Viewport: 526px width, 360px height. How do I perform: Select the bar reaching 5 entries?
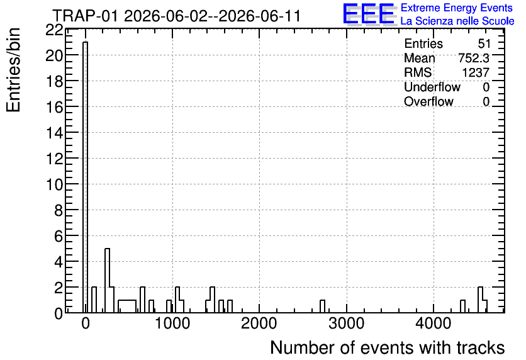108,281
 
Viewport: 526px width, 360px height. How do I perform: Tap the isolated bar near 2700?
322,307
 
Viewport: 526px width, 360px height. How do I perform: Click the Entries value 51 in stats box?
484,43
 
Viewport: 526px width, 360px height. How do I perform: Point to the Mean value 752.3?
474,58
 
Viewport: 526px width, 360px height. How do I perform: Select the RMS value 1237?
476,72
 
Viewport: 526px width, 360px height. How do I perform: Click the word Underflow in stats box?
432,87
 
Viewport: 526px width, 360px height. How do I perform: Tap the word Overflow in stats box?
428,102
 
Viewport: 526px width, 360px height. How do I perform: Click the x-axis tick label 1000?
172,323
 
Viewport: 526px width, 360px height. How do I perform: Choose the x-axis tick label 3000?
347,323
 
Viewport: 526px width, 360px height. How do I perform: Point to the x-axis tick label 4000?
434,323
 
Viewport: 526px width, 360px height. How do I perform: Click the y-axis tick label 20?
54,55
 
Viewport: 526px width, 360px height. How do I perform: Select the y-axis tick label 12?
54,159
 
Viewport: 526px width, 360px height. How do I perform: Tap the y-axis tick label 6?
59,236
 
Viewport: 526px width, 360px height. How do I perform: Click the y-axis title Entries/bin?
14,70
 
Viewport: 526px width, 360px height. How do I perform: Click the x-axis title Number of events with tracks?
388,347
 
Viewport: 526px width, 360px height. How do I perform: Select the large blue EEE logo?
368,14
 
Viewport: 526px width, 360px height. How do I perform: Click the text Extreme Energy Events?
457,8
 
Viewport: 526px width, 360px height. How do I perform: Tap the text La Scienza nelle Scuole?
457,21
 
